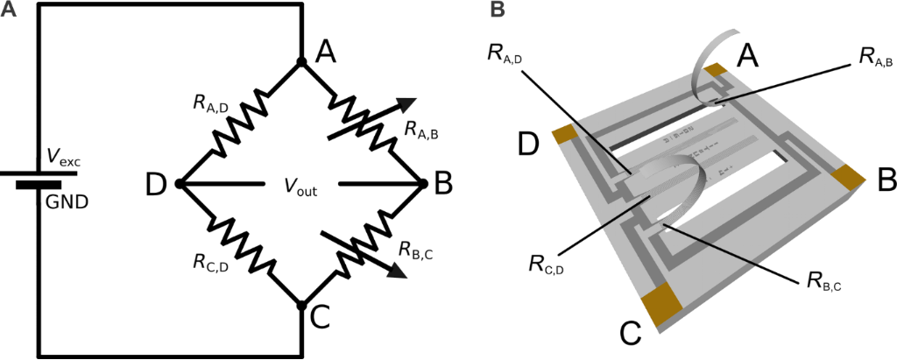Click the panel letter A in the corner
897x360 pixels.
pyautogui.click(x=10, y=10)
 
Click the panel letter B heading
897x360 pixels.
pyautogui.click(x=497, y=10)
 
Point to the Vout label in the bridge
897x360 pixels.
pyautogui.click(x=300, y=187)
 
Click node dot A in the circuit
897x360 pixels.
pyautogui.click(x=300, y=62)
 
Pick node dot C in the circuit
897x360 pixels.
pyautogui.click(x=300, y=306)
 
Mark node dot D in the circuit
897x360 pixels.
pyautogui.click(x=179, y=184)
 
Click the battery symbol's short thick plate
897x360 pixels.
pyautogui.click(x=39, y=186)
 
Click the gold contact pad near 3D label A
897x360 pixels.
pyautogui.click(x=717, y=70)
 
